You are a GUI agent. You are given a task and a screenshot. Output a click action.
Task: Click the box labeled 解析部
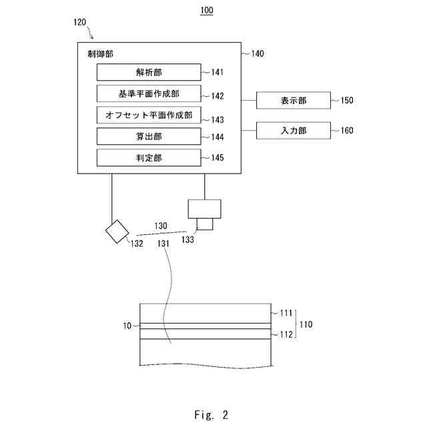(149, 72)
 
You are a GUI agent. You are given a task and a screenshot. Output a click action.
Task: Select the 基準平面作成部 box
(149, 93)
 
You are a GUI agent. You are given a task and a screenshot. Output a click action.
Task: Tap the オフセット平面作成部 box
(149, 115)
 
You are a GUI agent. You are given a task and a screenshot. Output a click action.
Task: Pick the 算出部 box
(149, 136)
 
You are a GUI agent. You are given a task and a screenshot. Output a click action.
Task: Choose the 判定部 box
(149, 157)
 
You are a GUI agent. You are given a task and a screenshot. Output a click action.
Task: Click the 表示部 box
(294, 101)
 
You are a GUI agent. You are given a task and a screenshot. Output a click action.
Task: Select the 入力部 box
(294, 131)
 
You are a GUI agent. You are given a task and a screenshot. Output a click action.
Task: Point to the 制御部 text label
(100, 53)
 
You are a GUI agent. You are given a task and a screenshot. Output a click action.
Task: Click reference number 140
(258, 53)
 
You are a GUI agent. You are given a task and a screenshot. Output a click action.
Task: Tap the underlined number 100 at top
(207, 11)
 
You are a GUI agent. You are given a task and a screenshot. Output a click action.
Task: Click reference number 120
(80, 22)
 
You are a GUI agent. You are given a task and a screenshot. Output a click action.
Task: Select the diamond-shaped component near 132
(117, 232)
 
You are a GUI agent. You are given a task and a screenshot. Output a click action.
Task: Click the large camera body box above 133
(205, 209)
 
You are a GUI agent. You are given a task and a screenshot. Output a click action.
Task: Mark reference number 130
(161, 226)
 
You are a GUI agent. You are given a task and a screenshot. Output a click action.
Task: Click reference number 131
(163, 244)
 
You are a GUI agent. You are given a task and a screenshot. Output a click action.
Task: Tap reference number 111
(286, 313)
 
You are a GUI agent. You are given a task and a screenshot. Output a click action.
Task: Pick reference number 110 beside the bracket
(306, 324)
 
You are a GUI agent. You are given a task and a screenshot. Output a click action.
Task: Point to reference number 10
(127, 326)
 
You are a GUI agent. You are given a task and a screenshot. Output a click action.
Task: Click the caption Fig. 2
(211, 415)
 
